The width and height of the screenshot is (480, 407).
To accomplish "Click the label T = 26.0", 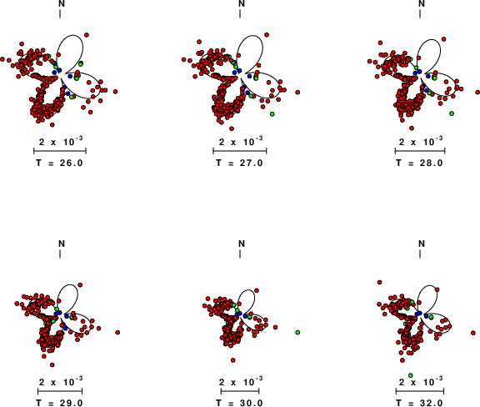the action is pos(60,163).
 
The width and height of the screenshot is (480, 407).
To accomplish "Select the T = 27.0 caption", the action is pos(240,163).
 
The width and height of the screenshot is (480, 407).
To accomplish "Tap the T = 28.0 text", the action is pos(420,163).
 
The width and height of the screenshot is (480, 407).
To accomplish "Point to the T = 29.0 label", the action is pos(60,403).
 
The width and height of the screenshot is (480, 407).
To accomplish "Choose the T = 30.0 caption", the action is pos(240,403).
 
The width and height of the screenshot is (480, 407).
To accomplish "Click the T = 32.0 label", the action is pos(420,403).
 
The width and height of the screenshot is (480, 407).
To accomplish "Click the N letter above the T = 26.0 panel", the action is pos(62,3).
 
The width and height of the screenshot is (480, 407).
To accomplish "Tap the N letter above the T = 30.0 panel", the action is pos(242,244).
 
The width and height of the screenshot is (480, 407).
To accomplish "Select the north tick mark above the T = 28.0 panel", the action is pos(420,13).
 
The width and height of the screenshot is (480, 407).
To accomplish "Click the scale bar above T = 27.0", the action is pos(240,150).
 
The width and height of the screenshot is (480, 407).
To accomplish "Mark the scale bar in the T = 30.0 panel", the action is pos(240,391).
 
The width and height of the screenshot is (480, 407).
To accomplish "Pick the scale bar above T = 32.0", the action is pos(420,391).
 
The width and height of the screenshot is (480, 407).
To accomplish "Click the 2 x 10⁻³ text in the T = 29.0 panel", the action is pos(61,382).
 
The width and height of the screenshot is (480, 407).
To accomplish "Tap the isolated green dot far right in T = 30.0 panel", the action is pos(297,332).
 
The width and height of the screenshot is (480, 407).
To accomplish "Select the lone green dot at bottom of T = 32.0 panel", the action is pos(411,375).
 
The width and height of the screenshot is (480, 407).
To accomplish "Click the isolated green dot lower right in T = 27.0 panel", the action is pos(272,114).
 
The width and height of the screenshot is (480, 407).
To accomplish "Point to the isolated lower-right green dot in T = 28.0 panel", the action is pos(452,113).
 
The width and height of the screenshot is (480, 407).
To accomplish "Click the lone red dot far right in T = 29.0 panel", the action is pos(117,332).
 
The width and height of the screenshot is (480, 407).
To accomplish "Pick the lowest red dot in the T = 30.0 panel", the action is pos(233,360).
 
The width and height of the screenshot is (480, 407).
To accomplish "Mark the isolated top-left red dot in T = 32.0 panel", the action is pos(380,282).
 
